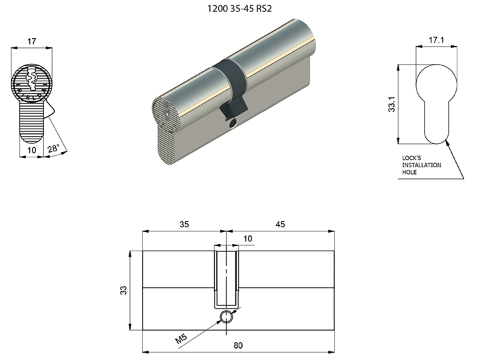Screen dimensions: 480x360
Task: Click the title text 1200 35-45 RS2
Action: coord(239,8)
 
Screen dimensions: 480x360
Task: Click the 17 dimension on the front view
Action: coord(31,41)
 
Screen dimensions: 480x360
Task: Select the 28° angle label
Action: coord(53,149)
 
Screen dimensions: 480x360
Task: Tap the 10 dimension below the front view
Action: coord(32,150)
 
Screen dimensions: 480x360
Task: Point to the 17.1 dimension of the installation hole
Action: coord(436,40)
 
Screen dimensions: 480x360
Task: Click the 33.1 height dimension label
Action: coord(392,104)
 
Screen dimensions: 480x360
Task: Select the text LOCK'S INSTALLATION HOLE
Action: coord(421,165)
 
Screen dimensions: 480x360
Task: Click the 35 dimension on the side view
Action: coord(184,225)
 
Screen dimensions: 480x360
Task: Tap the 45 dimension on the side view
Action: coord(280,225)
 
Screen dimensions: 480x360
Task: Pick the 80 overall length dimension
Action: coord(238,345)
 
